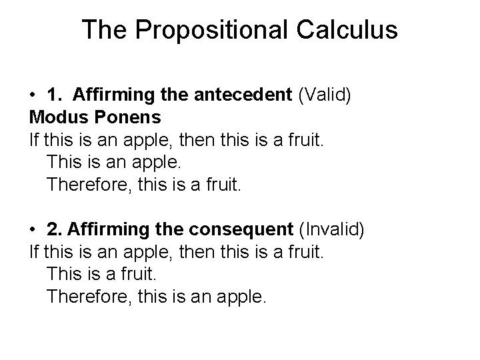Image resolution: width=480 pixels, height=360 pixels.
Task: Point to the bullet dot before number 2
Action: pyautogui.click(x=33, y=231)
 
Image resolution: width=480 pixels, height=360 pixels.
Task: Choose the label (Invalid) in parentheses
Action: pyautogui.click(x=331, y=231)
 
